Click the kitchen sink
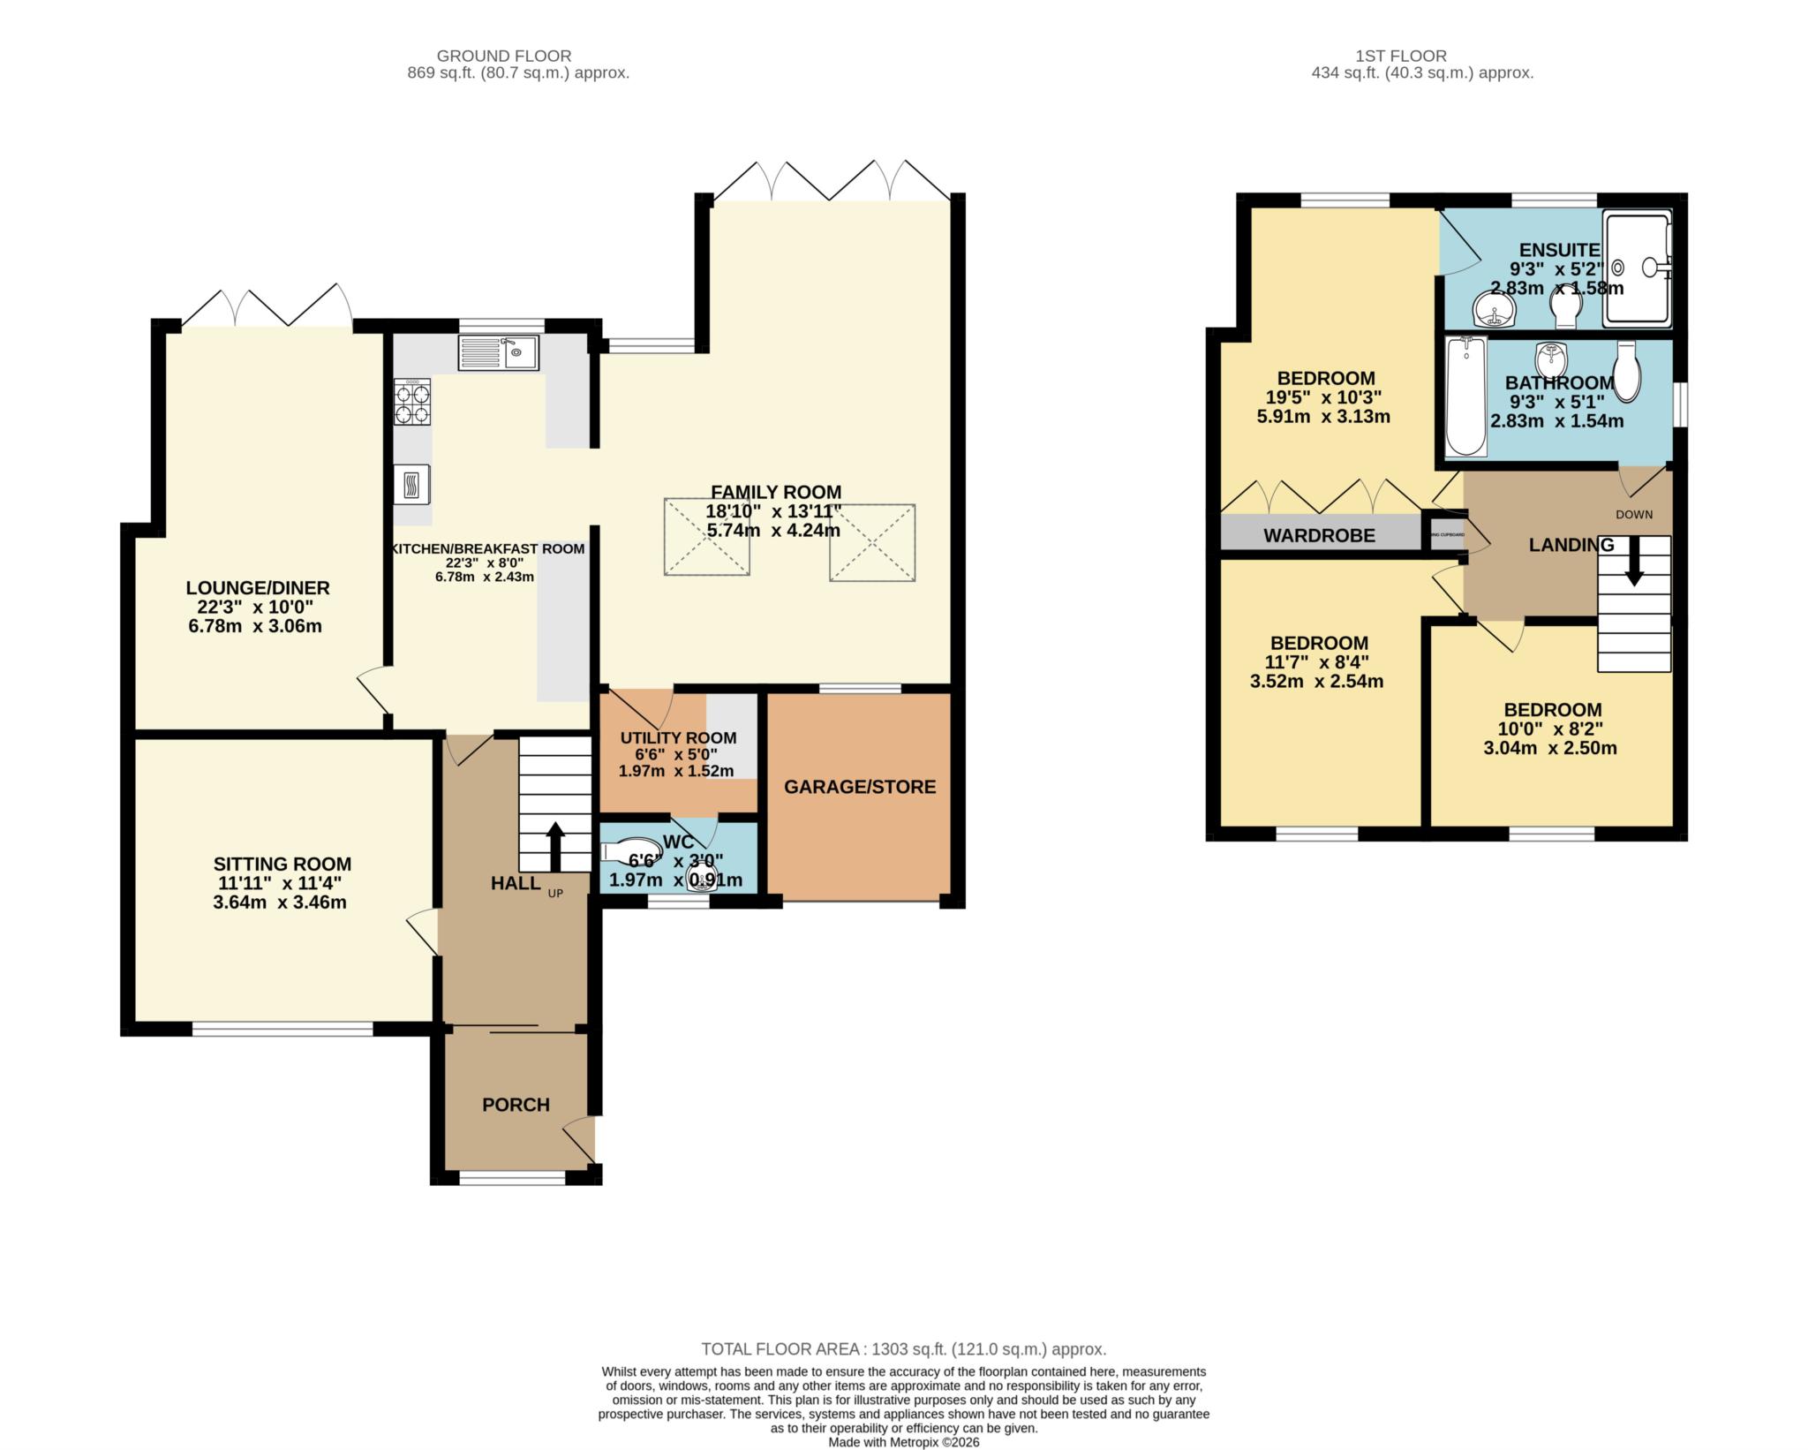[498, 353]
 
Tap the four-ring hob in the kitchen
[411, 403]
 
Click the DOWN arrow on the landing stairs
[1634, 562]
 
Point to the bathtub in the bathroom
[1466, 397]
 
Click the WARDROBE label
[1319, 535]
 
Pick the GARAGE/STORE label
[860, 787]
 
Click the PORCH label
[516, 1105]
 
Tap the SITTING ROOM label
[282, 865]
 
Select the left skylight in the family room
[706, 537]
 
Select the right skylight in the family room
[872, 542]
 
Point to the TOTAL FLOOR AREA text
[903, 1349]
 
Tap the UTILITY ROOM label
[678, 738]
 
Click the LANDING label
[1571, 546]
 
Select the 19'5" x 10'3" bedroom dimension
[1322, 397]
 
